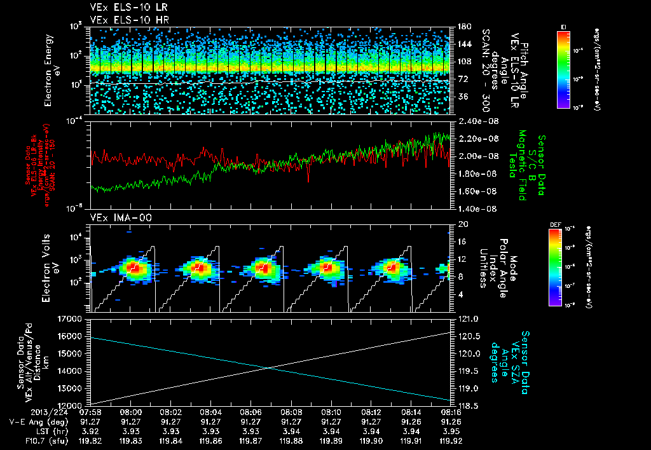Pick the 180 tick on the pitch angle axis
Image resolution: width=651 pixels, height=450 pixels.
pos(463,27)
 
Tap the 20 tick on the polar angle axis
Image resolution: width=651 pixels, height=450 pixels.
pos(463,224)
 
